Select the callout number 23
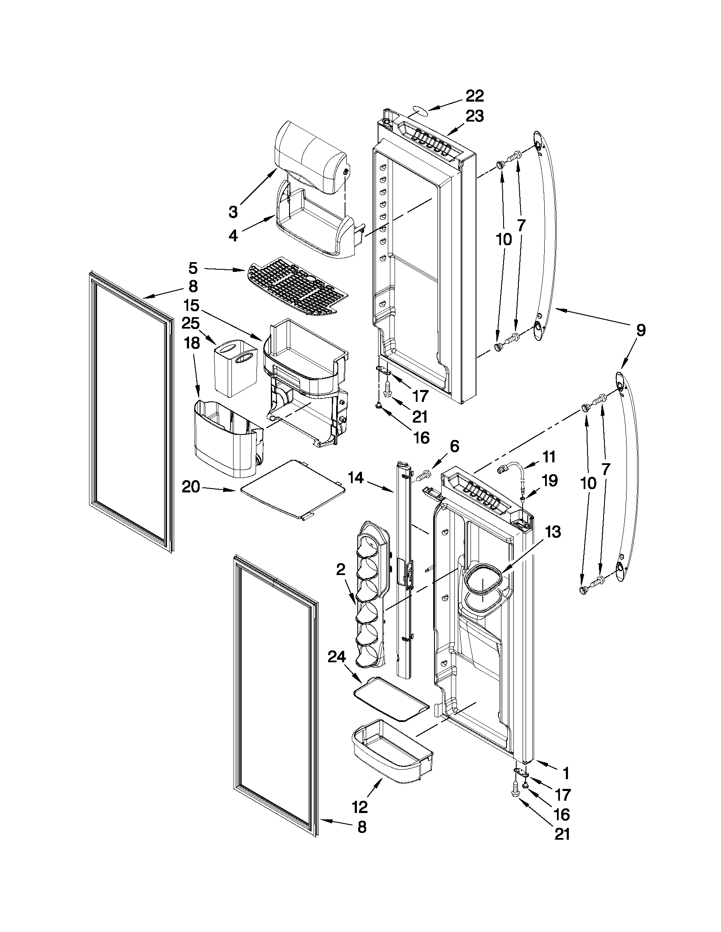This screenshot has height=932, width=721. pos(475,116)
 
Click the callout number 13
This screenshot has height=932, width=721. pos(553,532)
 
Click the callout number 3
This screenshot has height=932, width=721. pos(233,212)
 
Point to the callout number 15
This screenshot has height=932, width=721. pos(192,306)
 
